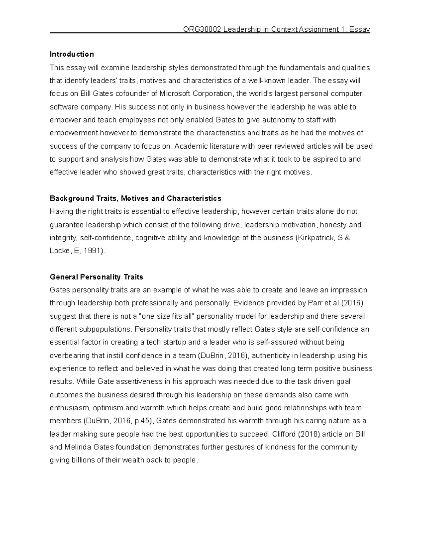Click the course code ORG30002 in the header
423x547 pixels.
click(202, 30)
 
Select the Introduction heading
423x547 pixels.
click(72, 54)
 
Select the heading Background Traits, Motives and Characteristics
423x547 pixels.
click(135, 199)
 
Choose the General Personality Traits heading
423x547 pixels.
click(96, 277)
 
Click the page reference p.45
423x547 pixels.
click(141, 421)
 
